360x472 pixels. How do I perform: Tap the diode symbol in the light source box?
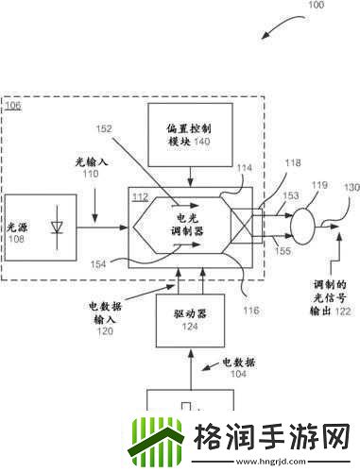point(57,227)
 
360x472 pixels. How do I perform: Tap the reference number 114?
point(245,169)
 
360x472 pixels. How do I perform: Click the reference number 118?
point(281,163)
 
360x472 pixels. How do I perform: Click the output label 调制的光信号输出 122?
point(327,297)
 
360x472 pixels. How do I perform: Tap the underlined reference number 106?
point(12,105)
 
